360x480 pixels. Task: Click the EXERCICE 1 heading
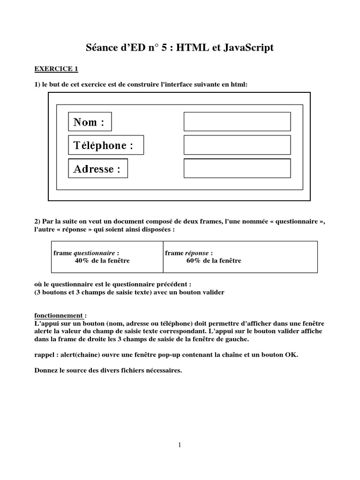pos(56,69)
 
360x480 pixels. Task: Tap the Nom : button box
pos(90,122)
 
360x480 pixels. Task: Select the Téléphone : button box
pos(106,145)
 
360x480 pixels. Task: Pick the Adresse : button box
pos(98,169)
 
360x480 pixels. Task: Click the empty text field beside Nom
pos(237,122)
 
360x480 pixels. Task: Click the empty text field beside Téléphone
pos(237,145)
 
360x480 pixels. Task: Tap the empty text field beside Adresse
pos(237,168)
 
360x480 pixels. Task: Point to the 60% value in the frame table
pos(194,261)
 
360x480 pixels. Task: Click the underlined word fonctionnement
pos(59,315)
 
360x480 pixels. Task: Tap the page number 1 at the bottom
pos(180,445)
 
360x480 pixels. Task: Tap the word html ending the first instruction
pos(239,84)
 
